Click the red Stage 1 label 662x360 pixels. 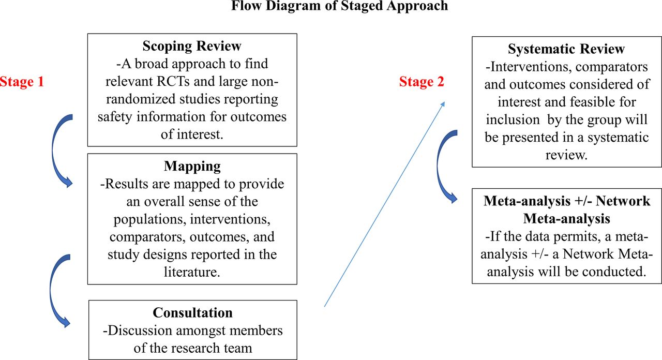[22, 82]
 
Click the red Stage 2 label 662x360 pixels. [422, 82]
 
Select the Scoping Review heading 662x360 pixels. [192, 46]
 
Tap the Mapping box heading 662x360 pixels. [192, 166]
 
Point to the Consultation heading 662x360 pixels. [193, 313]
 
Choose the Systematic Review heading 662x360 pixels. [566, 49]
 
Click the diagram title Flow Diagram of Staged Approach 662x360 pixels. [340, 6]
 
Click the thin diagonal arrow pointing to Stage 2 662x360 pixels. [384, 204]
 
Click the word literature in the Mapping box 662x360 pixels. [192, 272]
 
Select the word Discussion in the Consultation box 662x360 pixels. [140, 331]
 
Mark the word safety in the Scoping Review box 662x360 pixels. [115, 117]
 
